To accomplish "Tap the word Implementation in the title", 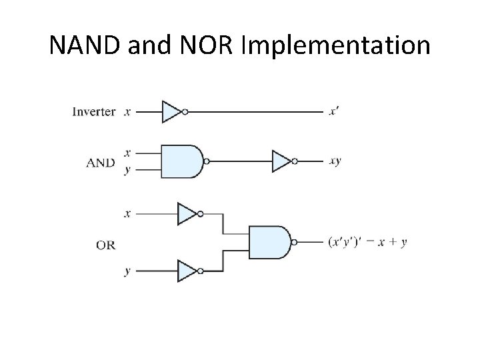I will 339,45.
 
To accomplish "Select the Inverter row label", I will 93,112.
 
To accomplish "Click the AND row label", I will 100,162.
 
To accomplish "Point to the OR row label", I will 105,245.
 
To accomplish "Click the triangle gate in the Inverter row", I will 172,112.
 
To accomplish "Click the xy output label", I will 335,161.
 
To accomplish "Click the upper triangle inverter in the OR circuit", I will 187,214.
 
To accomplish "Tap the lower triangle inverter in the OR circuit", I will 187,271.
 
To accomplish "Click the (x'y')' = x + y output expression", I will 367,243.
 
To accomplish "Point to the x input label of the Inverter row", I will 127,112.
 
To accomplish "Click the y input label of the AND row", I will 127,170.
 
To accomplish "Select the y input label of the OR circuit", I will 127,272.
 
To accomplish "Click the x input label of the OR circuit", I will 127,214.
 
